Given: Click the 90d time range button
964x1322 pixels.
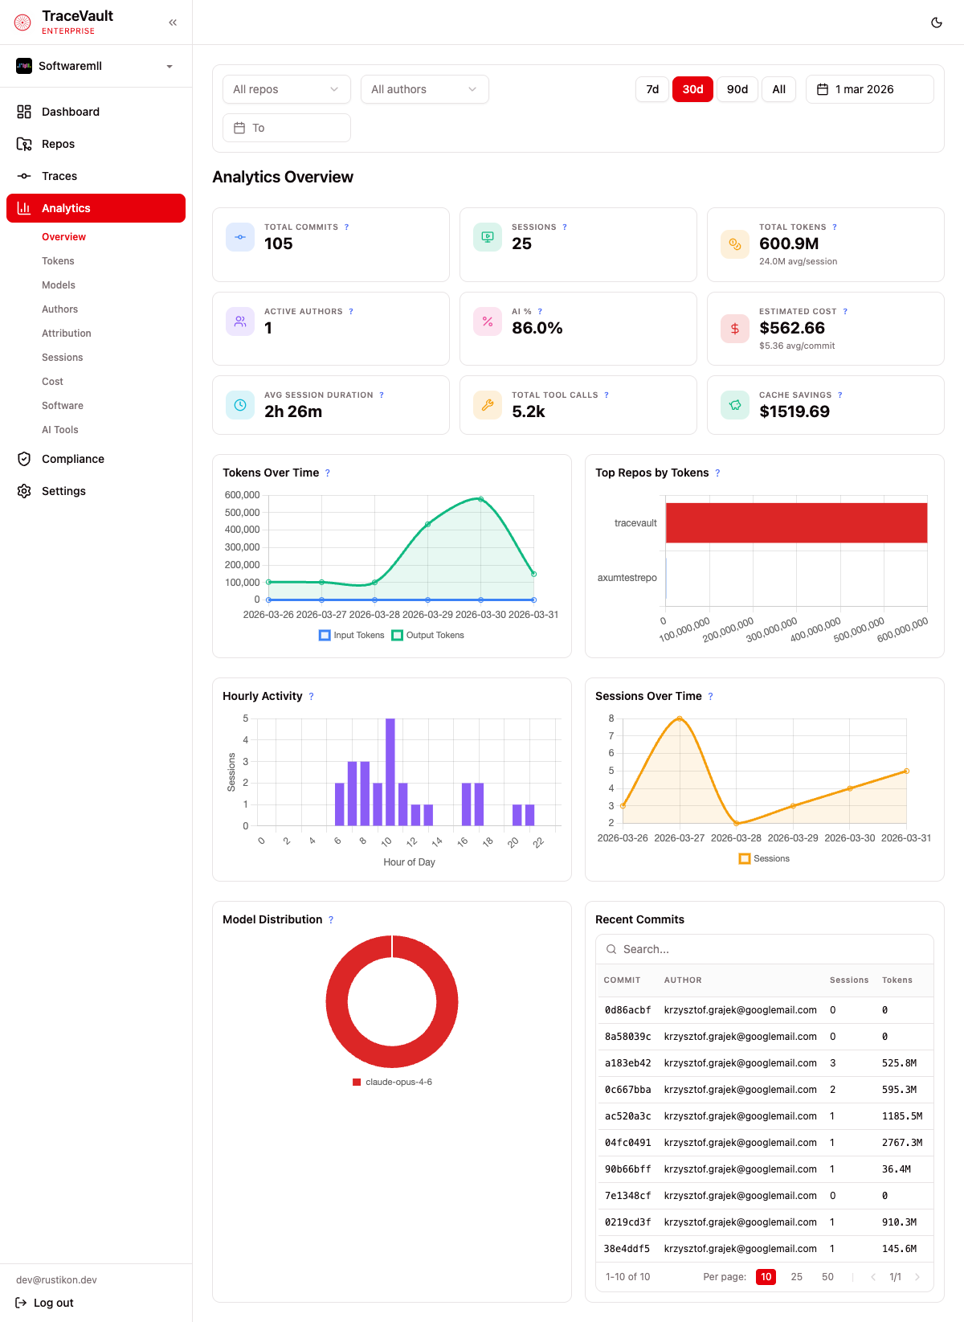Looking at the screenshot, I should [x=737, y=89].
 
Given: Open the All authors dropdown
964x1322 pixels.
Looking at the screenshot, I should [x=424, y=89].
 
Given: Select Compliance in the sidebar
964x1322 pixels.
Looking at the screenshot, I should [x=72, y=459].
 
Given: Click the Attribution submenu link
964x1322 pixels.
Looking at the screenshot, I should [x=66, y=334].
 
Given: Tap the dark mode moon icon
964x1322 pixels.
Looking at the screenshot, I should [x=936, y=23].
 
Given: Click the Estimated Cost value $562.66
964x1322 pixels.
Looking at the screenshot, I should [x=791, y=328].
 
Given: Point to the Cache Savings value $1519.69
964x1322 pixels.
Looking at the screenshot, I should [x=794, y=411].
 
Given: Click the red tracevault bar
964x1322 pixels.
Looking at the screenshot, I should [x=795, y=523].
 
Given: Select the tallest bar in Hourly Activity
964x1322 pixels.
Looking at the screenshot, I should [x=390, y=772].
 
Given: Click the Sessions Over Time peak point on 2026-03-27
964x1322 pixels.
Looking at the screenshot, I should [x=680, y=718].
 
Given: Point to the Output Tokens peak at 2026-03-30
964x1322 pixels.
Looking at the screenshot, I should [x=480, y=499].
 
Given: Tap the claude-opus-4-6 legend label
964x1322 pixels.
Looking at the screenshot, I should [x=398, y=1082].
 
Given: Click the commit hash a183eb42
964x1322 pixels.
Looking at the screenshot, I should [x=627, y=1063].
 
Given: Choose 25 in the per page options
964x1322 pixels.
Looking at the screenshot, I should [x=796, y=1277].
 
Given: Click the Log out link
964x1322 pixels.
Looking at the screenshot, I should [x=53, y=1303].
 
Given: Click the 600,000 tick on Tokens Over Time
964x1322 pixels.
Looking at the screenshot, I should [x=242, y=495].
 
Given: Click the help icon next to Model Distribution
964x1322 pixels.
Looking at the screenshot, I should [x=331, y=920].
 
